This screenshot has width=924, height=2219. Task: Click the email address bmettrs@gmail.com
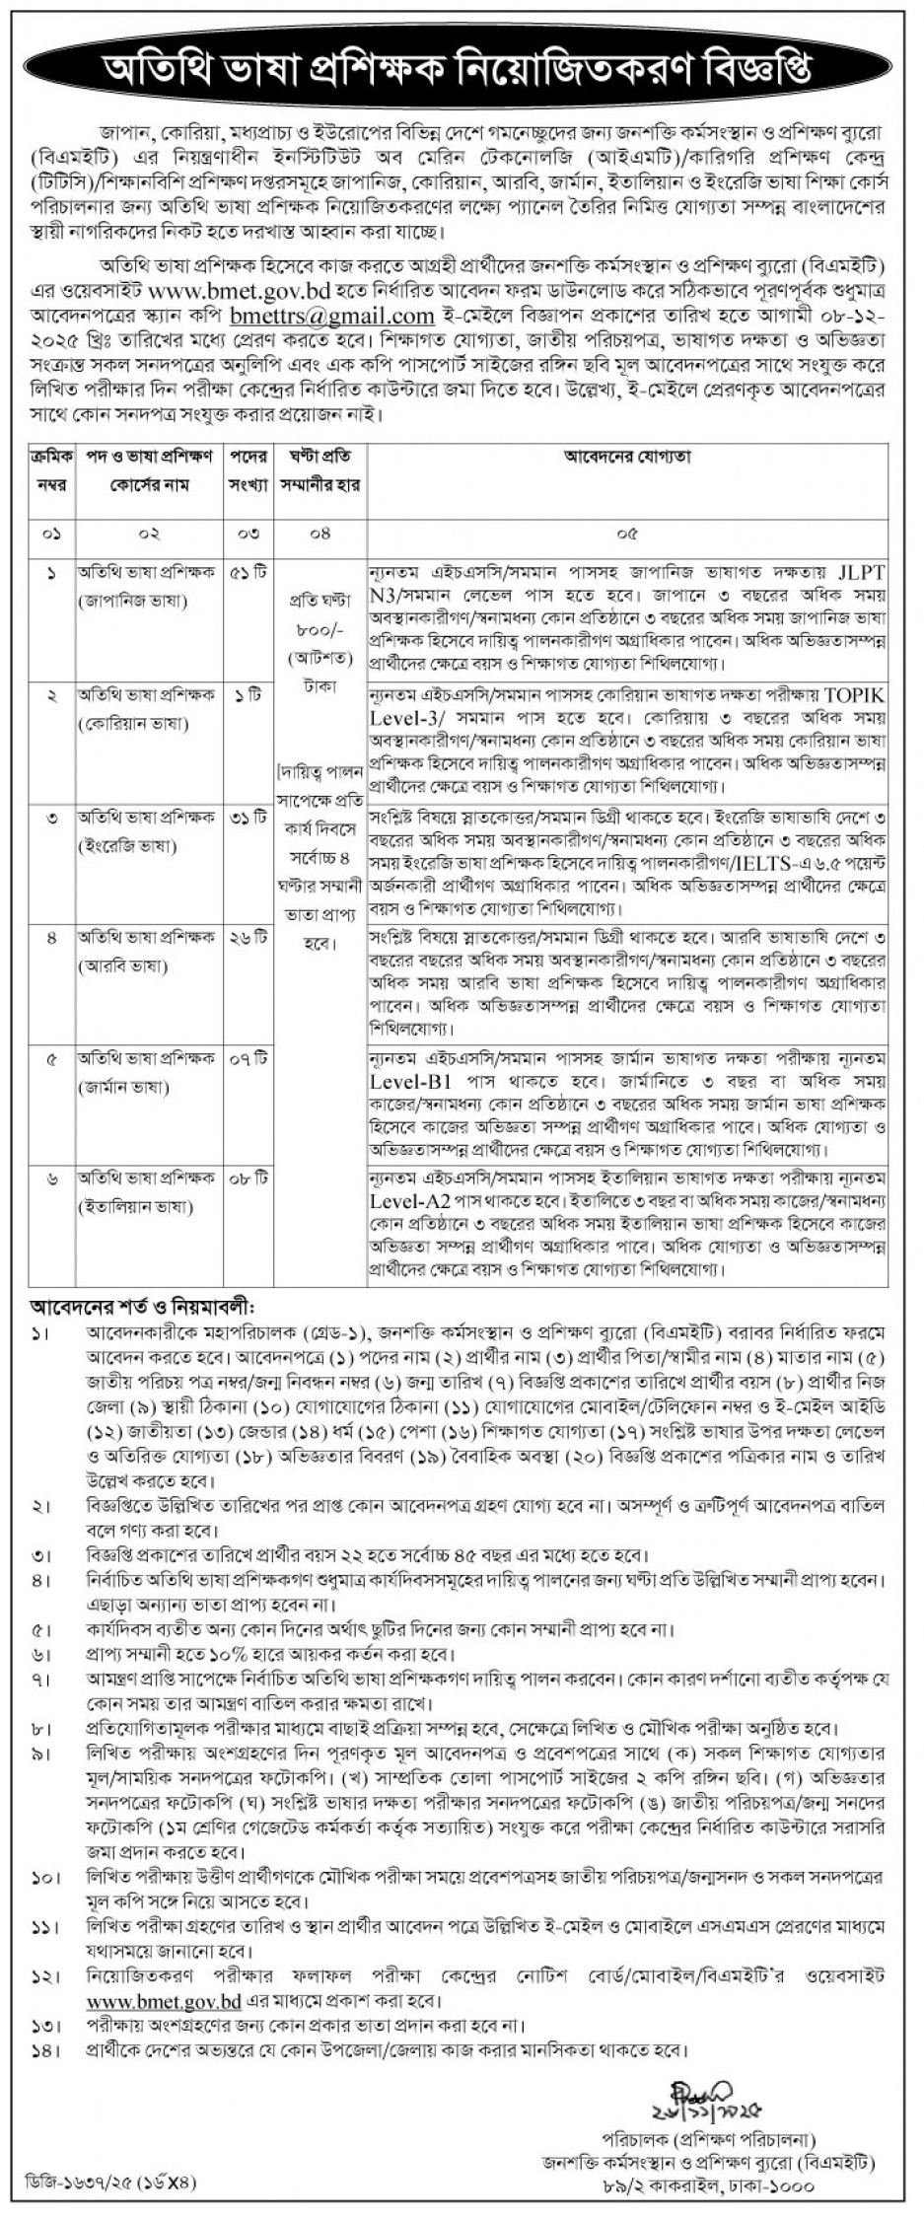[x=331, y=317]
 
